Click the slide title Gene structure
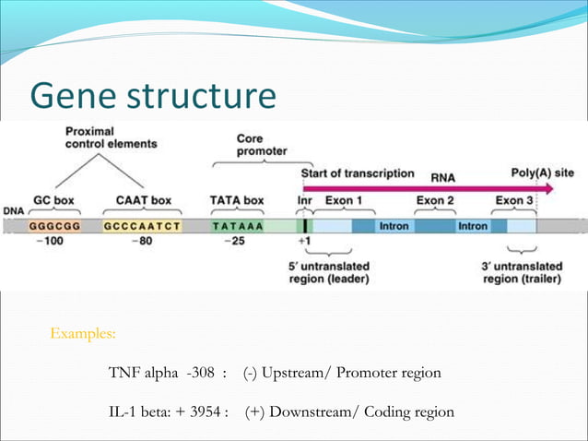pyautogui.click(x=152, y=96)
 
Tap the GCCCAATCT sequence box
pyautogui.click(x=142, y=225)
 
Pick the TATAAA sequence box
pyautogui.click(x=238, y=225)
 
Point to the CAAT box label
pyautogui.click(x=142, y=199)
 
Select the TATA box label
pyautogui.click(x=237, y=199)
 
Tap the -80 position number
pyautogui.click(x=141, y=242)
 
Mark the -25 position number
pyautogui.click(x=237, y=242)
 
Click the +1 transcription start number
pyautogui.click(x=305, y=242)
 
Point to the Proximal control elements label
pyautogui.click(x=110, y=137)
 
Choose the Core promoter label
pyautogui.click(x=262, y=144)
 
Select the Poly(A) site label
pyautogui.click(x=542, y=173)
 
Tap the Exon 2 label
pyautogui.click(x=435, y=199)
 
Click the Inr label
pyautogui.click(x=304, y=199)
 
